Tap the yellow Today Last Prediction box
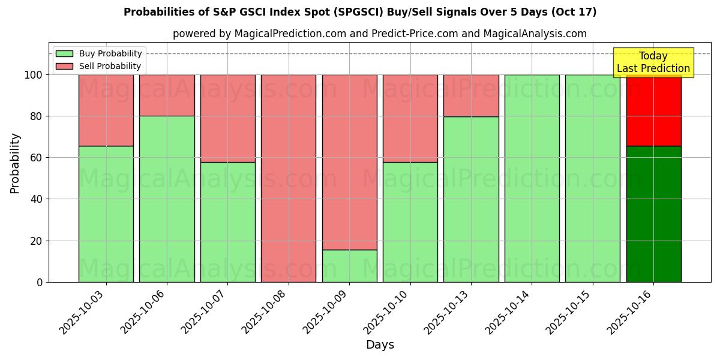point(653,62)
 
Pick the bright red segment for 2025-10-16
point(653,110)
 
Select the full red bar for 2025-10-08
point(289,178)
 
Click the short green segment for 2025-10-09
point(349,266)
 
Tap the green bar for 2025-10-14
point(532,178)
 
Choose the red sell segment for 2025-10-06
point(167,95)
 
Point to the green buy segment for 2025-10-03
point(106,214)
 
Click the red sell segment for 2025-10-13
point(471,95)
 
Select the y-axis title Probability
point(15,163)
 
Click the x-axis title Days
point(380,345)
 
